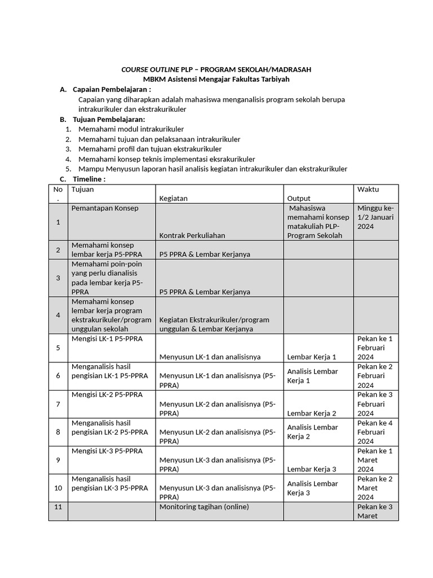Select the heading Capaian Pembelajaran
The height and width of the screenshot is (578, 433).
(x=112, y=90)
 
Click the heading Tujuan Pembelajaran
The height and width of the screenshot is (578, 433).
(x=109, y=119)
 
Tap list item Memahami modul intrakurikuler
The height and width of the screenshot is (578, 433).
(x=131, y=129)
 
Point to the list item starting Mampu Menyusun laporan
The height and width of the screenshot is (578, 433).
(x=213, y=169)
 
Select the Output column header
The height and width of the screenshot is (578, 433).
(x=299, y=198)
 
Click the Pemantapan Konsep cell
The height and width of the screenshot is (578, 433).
(x=105, y=208)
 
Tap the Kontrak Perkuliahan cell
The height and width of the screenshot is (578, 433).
(x=192, y=235)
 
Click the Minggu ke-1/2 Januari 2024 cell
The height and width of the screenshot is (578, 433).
(x=375, y=217)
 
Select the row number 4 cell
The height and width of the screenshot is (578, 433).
(x=58, y=315)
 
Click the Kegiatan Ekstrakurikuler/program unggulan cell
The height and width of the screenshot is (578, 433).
(x=214, y=324)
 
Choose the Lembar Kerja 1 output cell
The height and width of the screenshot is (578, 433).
(x=312, y=357)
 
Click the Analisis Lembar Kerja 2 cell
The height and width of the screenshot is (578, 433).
(x=312, y=432)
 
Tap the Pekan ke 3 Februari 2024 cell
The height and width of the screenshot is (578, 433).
(x=375, y=404)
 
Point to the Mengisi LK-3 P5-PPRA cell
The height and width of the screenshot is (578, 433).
(x=107, y=451)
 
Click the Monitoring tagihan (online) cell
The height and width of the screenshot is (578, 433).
(x=204, y=507)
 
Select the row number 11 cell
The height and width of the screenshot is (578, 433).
(x=58, y=507)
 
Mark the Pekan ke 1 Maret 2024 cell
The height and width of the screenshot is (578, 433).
(x=375, y=460)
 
